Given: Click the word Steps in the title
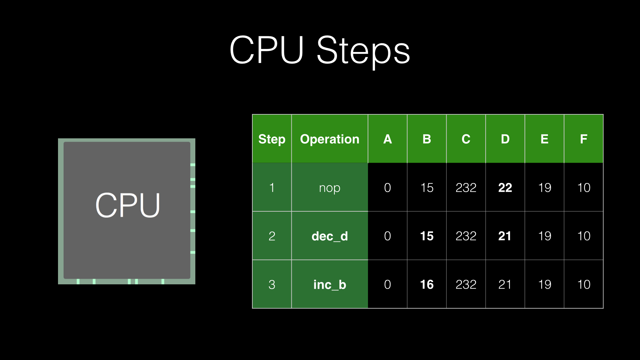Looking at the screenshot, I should click(x=363, y=51).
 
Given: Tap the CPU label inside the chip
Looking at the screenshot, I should click(x=128, y=205).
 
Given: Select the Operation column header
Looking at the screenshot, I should click(x=330, y=139).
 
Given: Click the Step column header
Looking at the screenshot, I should click(x=272, y=139).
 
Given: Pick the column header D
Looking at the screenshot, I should click(x=505, y=139).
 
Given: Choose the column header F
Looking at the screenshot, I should click(x=583, y=139).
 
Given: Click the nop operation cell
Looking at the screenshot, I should click(x=330, y=188).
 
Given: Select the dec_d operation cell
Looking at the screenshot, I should click(x=330, y=236).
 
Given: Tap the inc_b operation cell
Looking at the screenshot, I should click(x=330, y=285).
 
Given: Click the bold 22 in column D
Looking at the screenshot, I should click(x=505, y=188).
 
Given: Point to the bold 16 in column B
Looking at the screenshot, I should click(x=427, y=285).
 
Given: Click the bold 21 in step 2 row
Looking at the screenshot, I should click(x=505, y=236).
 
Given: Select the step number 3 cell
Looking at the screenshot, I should click(x=272, y=285).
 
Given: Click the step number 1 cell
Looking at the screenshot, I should click(x=272, y=188).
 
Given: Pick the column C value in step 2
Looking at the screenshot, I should click(x=466, y=236).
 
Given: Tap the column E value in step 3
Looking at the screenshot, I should click(x=545, y=285).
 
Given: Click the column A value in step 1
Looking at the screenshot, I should click(x=387, y=188).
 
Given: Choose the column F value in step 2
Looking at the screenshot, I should click(x=584, y=236).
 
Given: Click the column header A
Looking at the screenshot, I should click(x=387, y=139).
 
